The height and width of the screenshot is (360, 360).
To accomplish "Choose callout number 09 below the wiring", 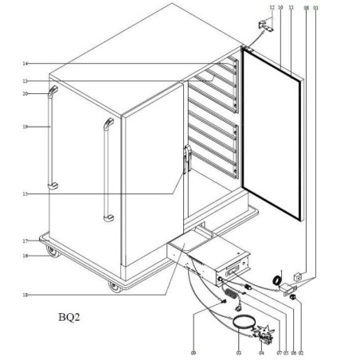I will [194, 351].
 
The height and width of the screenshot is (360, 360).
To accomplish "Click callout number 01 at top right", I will [317, 7].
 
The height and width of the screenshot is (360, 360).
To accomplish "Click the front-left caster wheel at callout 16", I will [53, 255].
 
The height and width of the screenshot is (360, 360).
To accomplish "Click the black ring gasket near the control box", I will [278, 280].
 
